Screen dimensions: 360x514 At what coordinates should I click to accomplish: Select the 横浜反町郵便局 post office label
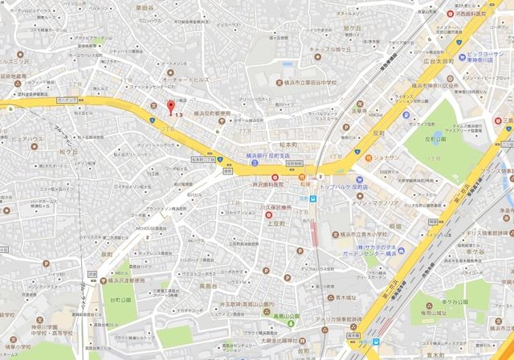pos(213,112)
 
